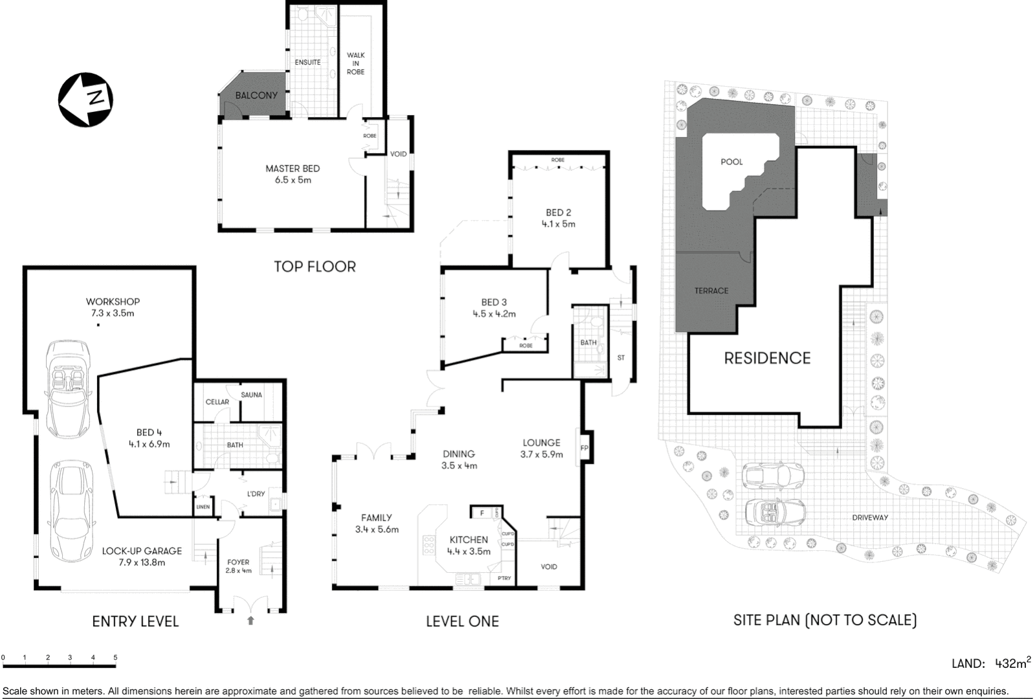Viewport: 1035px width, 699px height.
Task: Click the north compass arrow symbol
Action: (x=85, y=99)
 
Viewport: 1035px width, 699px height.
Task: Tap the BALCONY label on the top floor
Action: (x=256, y=95)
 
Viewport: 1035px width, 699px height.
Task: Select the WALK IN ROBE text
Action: (x=355, y=63)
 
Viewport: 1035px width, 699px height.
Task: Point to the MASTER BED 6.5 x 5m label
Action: (x=293, y=174)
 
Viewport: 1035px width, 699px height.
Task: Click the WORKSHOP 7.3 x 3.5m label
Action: (x=113, y=307)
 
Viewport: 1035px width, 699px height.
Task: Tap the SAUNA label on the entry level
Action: (x=251, y=395)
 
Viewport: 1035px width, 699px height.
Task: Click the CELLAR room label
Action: (x=217, y=402)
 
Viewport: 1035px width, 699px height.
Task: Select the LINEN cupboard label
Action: (x=203, y=507)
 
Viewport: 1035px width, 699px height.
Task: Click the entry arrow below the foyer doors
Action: (x=251, y=621)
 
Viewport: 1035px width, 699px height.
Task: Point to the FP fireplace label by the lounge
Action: (x=584, y=448)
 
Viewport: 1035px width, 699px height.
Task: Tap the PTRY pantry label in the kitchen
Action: (x=504, y=578)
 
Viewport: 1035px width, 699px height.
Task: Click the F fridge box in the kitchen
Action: (x=481, y=513)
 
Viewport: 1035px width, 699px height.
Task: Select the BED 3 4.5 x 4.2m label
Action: (x=494, y=308)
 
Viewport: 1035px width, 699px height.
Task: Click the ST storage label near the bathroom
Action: (x=621, y=357)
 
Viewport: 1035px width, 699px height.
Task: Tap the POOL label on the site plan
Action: (x=731, y=162)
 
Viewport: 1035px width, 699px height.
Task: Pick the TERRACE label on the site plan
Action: (x=711, y=291)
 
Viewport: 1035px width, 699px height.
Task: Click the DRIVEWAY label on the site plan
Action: (x=870, y=517)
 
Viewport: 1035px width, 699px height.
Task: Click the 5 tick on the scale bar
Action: (x=116, y=658)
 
